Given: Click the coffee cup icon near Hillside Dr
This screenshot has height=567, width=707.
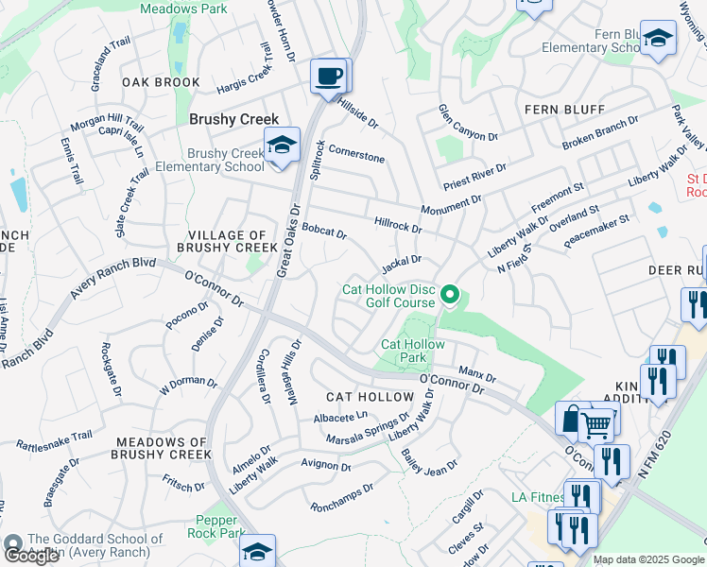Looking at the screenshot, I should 328,75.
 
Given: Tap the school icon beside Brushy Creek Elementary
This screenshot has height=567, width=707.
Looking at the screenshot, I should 280,145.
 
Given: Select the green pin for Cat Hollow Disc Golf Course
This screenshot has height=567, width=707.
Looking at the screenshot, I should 450,297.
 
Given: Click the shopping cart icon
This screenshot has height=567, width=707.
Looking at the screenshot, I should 595,426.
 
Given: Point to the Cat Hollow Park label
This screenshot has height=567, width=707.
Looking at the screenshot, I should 412,351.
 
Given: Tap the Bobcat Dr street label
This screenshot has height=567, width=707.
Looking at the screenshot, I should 324,232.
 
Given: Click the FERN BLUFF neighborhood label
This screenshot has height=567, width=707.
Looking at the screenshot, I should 564,110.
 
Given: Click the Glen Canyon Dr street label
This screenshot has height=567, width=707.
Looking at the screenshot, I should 467,124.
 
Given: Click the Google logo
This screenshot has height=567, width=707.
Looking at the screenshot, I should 31,556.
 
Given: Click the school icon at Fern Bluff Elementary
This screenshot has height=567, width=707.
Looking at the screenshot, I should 658,39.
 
